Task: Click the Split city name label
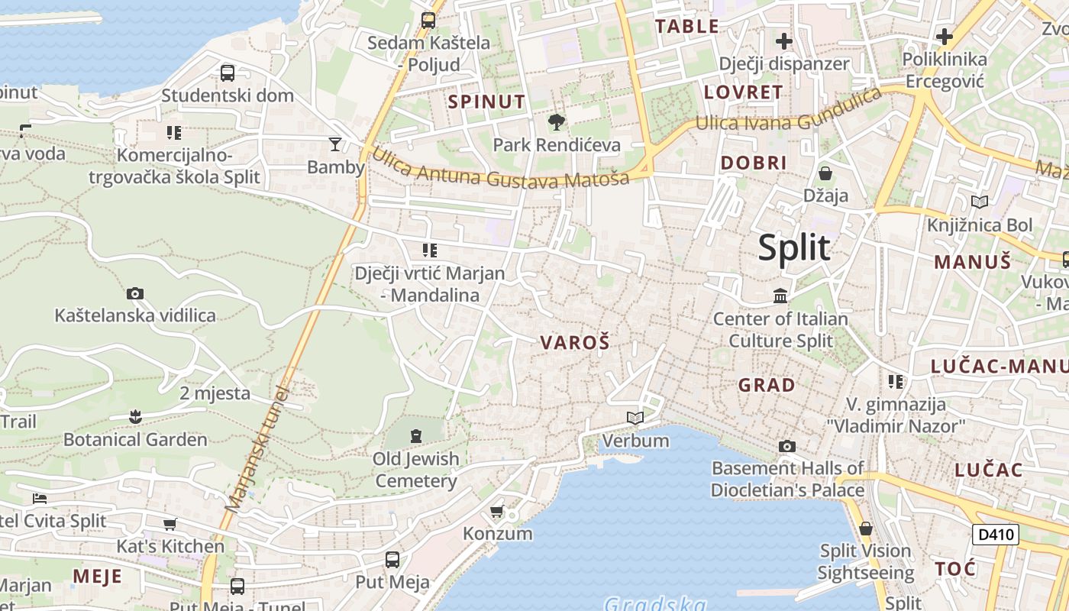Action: coord(793,247)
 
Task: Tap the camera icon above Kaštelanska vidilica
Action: coord(135,293)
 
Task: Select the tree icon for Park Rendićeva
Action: coord(557,121)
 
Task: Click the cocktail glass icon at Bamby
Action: coord(334,144)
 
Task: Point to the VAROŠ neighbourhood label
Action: coord(575,343)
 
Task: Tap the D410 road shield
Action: coord(996,534)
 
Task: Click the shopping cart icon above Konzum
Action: coord(497,511)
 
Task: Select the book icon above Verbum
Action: coord(635,418)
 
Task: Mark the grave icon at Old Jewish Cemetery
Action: coord(416,436)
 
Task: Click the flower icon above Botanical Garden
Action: coord(135,416)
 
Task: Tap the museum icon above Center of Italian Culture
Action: coord(780,296)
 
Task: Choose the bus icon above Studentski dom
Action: coord(228,73)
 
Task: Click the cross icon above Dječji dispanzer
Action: coord(784,40)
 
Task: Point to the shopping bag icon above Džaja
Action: coord(825,173)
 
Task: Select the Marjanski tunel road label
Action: coord(257,451)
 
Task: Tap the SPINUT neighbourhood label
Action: coord(486,102)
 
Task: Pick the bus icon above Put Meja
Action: coord(392,560)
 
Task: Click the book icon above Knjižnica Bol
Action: coord(979,202)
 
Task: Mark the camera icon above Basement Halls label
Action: coord(787,446)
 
